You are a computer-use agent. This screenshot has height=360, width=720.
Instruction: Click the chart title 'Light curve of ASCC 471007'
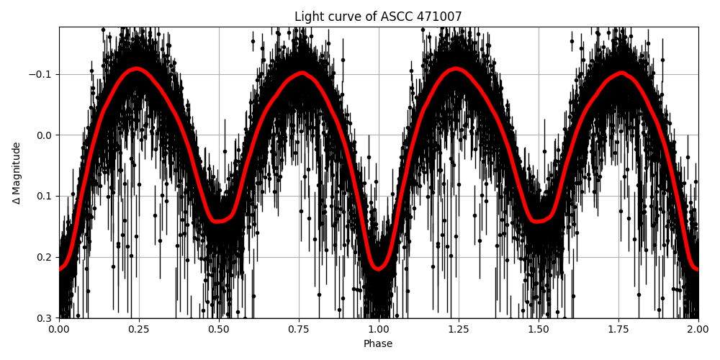click(x=378, y=17)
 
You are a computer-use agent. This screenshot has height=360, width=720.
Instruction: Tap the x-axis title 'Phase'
click(x=378, y=344)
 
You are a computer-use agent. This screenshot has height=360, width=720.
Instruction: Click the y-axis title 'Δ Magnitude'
click(x=17, y=173)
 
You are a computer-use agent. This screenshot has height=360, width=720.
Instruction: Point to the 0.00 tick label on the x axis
click(x=59, y=330)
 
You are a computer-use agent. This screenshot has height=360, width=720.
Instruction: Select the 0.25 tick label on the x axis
click(x=139, y=330)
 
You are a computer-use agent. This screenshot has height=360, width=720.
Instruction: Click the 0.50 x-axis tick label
click(x=219, y=330)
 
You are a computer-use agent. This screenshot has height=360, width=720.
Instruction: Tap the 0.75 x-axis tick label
click(x=299, y=330)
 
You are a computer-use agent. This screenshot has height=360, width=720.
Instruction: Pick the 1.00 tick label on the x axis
click(x=379, y=330)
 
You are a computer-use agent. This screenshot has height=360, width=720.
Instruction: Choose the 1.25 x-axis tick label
click(x=459, y=330)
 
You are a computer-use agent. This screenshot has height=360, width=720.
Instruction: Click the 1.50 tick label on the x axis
click(x=539, y=330)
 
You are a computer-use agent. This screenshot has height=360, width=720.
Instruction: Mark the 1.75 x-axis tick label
click(x=618, y=330)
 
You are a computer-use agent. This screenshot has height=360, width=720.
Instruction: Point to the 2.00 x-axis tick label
click(x=698, y=330)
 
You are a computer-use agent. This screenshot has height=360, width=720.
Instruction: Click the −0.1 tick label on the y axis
click(x=42, y=74)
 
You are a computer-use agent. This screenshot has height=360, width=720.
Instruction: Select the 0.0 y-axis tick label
click(x=45, y=135)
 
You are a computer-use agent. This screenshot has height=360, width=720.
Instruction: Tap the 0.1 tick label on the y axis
click(x=45, y=196)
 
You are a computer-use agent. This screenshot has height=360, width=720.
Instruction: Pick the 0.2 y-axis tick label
click(x=45, y=257)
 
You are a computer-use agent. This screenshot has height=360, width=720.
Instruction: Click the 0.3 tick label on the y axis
click(x=45, y=318)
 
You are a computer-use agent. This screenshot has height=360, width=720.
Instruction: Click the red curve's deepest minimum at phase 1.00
click(x=379, y=269)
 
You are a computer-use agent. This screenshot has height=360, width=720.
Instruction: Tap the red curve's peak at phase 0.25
click(x=136, y=69)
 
